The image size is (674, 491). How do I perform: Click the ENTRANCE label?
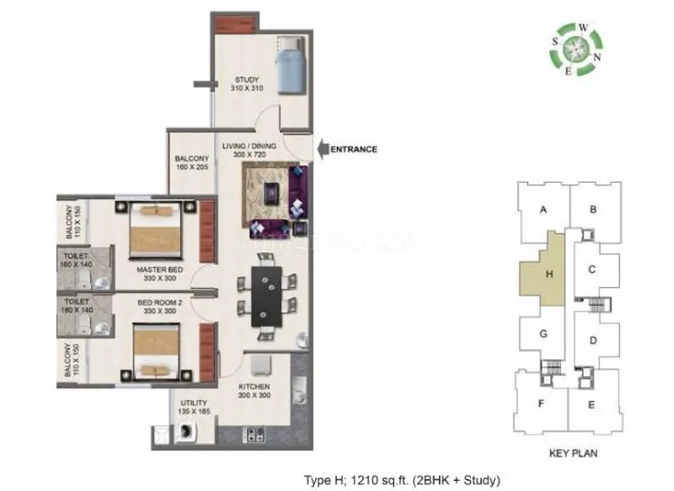[354, 149]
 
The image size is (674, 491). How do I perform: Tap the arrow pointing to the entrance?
[323, 149]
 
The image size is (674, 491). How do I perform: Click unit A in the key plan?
[544, 210]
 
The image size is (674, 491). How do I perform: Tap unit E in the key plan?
[592, 404]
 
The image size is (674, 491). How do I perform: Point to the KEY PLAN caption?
[573, 452]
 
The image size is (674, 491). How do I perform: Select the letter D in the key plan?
[593, 340]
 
